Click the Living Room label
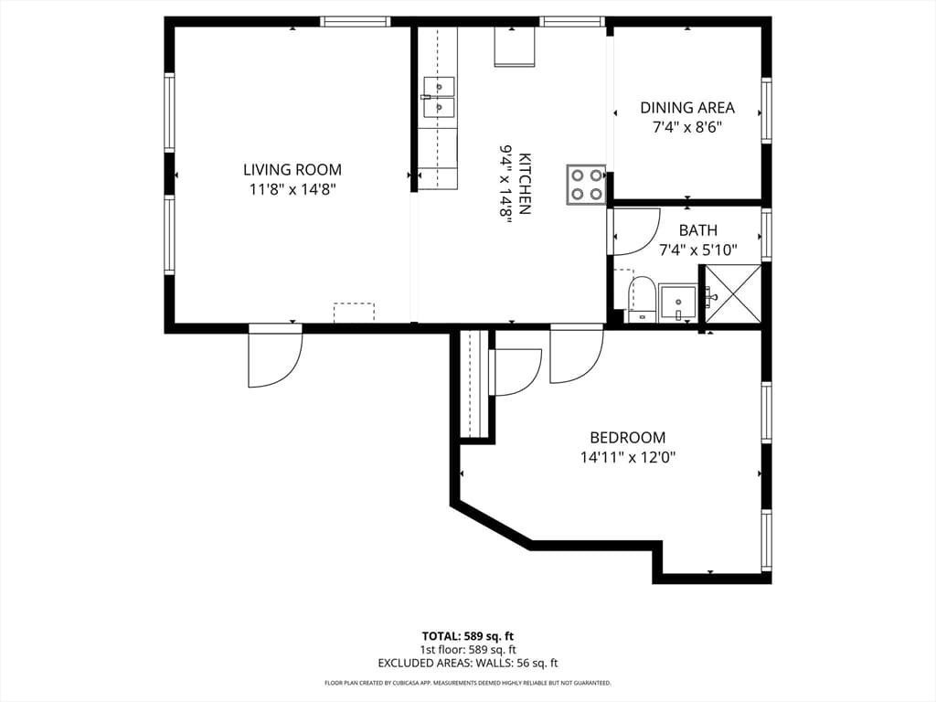[292, 169]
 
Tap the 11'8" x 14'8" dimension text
[292, 190]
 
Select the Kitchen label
[526, 184]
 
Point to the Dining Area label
[687, 108]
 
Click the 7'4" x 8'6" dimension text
[687, 127]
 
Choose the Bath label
[697, 229]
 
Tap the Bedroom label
[627, 438]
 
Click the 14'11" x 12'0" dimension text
[627, 458]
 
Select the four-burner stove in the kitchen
[586, 185]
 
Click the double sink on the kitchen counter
[439, 97]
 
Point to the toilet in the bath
[641, 300]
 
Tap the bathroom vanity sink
[677, 303]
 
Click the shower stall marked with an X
[733, 296]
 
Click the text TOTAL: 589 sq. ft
[467, 636]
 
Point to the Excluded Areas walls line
[467, 664]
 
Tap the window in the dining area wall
[767, 111]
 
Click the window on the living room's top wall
[356, 22]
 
